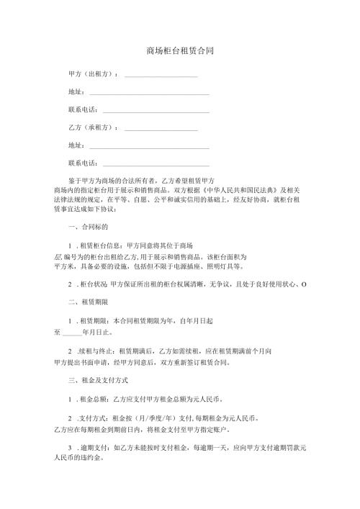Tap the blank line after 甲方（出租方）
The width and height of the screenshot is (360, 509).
point(161,75)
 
